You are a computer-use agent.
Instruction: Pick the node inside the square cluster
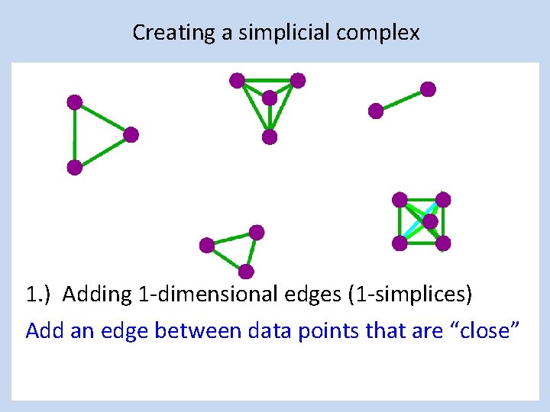(430, 221)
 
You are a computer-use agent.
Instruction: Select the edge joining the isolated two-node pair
(402, 100)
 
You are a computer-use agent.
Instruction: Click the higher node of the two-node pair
(428, 89)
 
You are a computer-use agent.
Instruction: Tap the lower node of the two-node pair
(376, 111)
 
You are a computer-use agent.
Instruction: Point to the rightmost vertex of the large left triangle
(131, 135)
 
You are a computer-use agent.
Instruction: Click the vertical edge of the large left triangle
(74, 135)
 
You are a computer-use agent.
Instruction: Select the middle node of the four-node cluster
(269, 98)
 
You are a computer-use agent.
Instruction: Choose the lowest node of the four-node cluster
(269, 137)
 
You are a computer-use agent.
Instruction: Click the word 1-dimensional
(181, 294)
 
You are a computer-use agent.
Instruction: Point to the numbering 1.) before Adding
(39, 294)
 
